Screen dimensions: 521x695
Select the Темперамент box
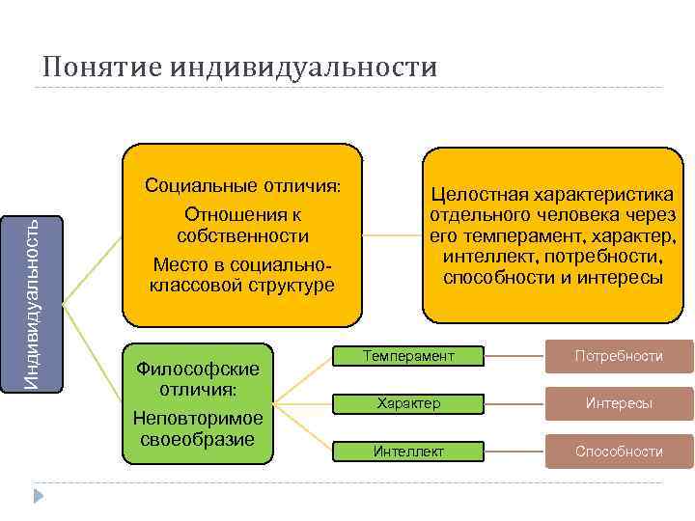click(x=407, y=357)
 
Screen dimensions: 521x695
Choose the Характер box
click(x=407, y=403)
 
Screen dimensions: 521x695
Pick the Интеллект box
click(x=407, y=451)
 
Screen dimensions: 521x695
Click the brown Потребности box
click(x=619, y=357)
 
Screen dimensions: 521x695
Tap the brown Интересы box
click(x=619, y=403)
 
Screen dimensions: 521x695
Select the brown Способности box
click(x=619, y=451)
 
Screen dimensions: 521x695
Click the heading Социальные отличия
click(x=242, y=185)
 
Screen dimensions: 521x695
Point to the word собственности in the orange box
click(x=243, y=235)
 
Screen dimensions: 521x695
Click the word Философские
click(x=199, y=370)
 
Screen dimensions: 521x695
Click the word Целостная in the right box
click(x=480, y=196)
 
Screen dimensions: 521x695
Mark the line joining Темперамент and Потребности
click(x=514, y=357)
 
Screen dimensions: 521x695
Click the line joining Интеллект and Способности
click(x=514, y=451)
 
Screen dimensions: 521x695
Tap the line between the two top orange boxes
click(x=392, y=234)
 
